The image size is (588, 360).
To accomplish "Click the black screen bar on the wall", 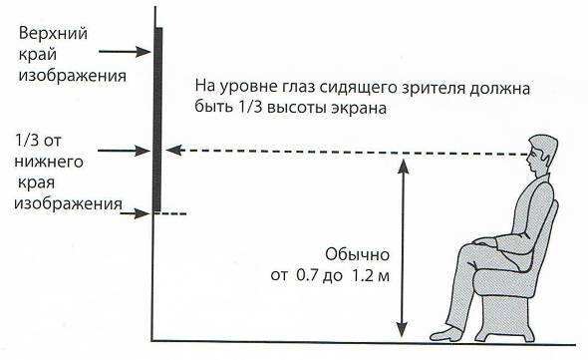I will [x=158, y=120].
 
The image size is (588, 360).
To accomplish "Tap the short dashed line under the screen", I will [x=173, y=213].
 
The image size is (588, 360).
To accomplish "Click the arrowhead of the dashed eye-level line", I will [x=171, y=151].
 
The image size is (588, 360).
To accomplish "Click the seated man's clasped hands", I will [x=486, y=241].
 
